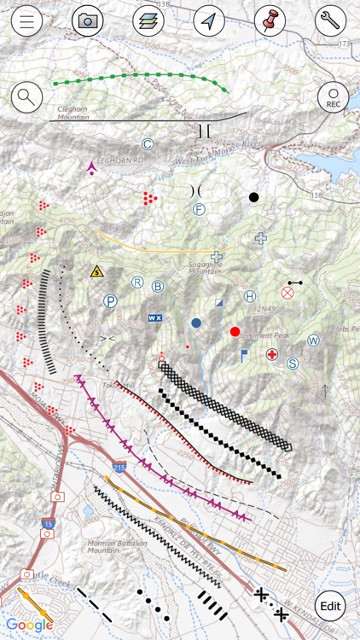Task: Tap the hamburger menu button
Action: pyautogui.click(x=27, y=21)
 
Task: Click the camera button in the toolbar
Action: pyautogui.click(x=87, y=21)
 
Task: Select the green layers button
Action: pyautogui.click(x=148, y=21)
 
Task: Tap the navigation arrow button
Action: pyautogui.click(x=209, y=21)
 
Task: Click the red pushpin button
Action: pyautogui.click(x=270, y=21)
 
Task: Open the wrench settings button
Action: pyautogui.click(x=331, y=21)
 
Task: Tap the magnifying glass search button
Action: pyautogui.click(x=27, y=96)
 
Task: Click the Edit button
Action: pyautogui.click(x=331, y=606)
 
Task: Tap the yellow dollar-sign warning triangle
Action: pyautogui.click(x=97, y=271)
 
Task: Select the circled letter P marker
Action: pyautogui.click(x=110, y=300)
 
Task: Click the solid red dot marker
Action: pyautogui.click(x=235, y=331)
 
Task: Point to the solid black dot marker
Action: pyautogui.click(x=253, y=198)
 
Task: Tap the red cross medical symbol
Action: pyautogui.click(x=272, y=353)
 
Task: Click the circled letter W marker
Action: pyautogui.click(x=313, y=340)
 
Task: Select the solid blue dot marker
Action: pyautogui.click(x=196, y=323)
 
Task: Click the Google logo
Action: pyautogui.click(x=30, y=625)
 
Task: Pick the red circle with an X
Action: pyautogui.click(x=287, y=293)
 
